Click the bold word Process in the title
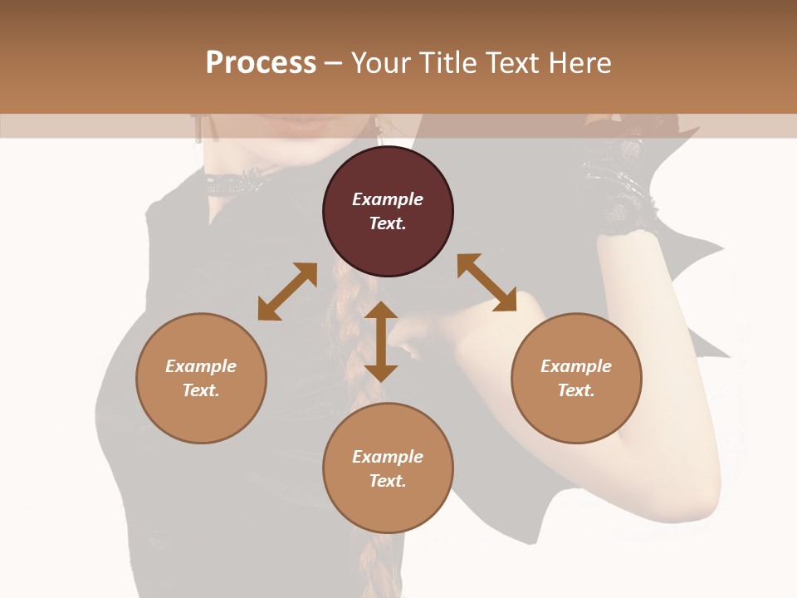261,63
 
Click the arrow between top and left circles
287,292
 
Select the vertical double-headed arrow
381,341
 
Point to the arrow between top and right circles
487,282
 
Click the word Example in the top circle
388,199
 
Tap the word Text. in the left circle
201,390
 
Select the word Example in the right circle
576,366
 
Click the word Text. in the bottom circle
388,481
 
